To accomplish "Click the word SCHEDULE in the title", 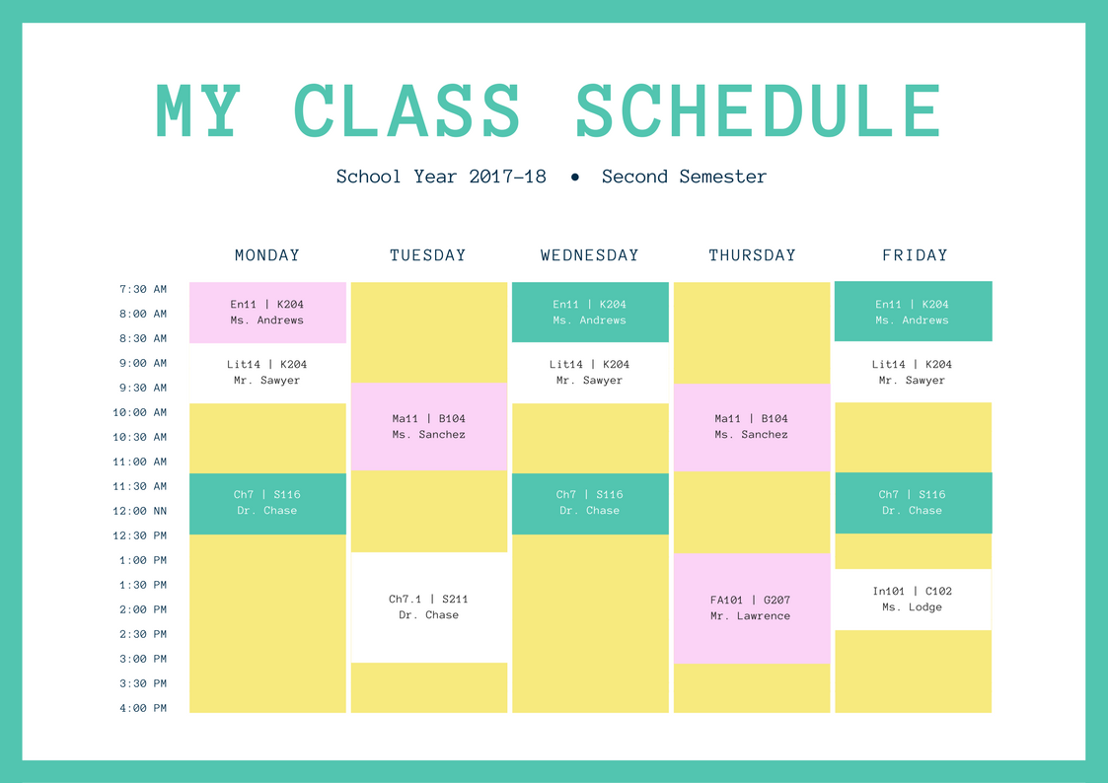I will pos(758,109).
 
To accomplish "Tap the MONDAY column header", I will pos(267,255).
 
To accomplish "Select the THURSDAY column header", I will pos(752,255).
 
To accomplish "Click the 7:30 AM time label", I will pos(143,289).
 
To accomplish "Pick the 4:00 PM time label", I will pos(143,708).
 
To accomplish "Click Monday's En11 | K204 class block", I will pos(267,312).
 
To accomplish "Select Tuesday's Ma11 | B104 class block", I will pos(428,426).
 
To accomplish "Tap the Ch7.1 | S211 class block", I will pos(428,606).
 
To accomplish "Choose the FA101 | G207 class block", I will pos(751,607).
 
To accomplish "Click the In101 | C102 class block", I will pos(913,599).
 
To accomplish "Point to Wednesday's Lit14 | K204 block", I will pos(589,372).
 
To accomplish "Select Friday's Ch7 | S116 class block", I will pos(913,502).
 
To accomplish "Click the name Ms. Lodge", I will pos(913,607).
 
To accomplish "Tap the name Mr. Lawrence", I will pos(751,616).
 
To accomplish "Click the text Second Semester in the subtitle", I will pos(684,178).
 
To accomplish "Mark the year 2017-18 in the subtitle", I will pos(507,178).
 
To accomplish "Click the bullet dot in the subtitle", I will pos(574,178).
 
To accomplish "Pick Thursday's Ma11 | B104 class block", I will pos(751,426).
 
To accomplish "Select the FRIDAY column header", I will pos(915,255).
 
